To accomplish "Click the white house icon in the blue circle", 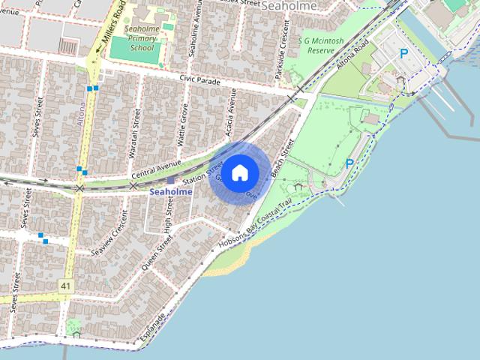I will [x=239, y=172].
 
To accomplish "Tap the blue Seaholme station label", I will [x=170, y=192].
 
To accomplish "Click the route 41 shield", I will [x=67, y=286].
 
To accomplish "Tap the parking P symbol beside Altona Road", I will [x=404, y=54].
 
